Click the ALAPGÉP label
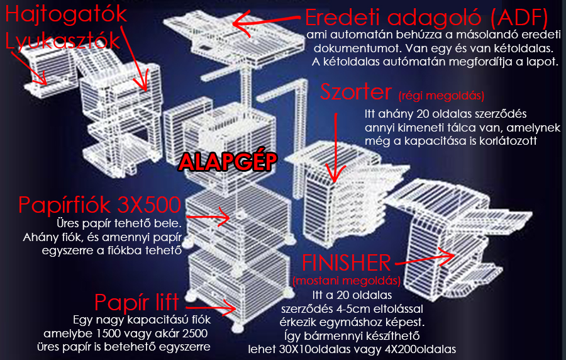[228, 161]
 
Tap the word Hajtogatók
[66, 15]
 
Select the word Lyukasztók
[62, 41]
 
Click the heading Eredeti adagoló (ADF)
[426, 18]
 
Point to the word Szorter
[356, 92]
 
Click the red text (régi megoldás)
[441, 96]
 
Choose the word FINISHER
[346, 262]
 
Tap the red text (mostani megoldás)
[347, 281]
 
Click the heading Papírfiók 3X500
[99, 205]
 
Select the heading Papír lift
[136, 302]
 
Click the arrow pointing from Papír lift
[211, 308]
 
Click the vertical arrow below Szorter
[335, 147]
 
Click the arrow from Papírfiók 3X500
[208, 217]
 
